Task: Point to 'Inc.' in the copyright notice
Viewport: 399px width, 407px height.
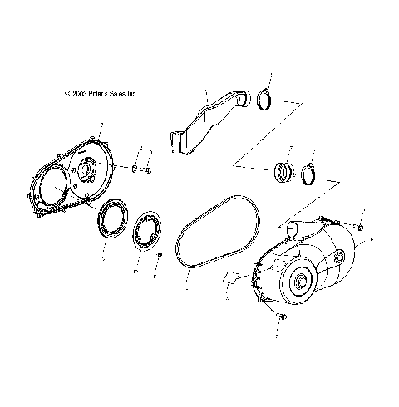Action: (132, 95)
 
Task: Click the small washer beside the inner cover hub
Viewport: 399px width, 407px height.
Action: (133, 169)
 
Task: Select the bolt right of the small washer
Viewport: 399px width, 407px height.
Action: (146, 172)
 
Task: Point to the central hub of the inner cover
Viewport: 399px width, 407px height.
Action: (84, 175)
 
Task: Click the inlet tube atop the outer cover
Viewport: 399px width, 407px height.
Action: (295, 228)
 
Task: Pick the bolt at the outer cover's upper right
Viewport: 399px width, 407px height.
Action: (359, 223)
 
